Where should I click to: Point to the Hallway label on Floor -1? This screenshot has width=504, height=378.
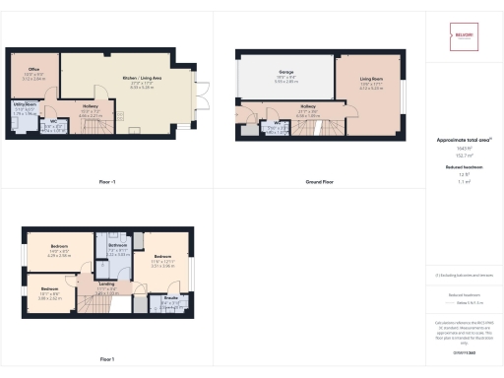coord(91,111)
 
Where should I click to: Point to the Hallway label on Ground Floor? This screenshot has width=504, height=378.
coord(308,112)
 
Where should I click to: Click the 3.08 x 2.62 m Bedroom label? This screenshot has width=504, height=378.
coord(50,292)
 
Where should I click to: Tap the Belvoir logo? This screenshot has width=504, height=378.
coord(464,32)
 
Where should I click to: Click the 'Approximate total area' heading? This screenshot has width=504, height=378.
coord(461,141)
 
